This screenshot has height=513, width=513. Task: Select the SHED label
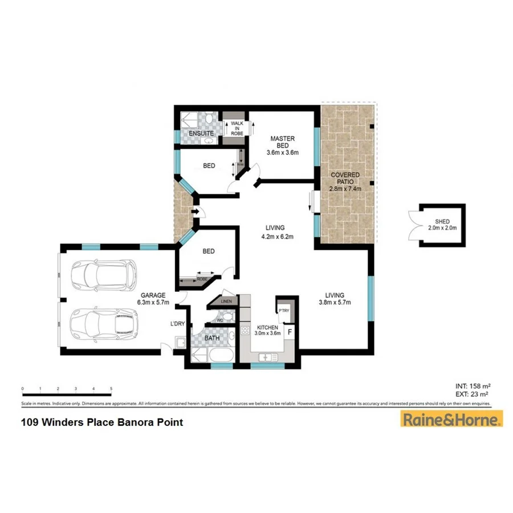pos(442,223)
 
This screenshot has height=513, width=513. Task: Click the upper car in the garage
pos(109,275)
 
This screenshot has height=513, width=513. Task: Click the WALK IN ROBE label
pos(237,128)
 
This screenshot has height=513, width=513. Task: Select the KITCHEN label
pos(267,328)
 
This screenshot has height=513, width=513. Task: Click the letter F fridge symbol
pos(290,331)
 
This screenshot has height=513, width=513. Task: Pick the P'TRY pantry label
pos(284,310)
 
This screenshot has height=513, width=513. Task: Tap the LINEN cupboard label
pos(227,301)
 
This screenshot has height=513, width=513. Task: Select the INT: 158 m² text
pos(471,385)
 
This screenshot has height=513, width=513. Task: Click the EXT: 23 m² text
pos(471,393)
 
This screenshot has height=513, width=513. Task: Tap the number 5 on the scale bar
pos(111,389)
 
